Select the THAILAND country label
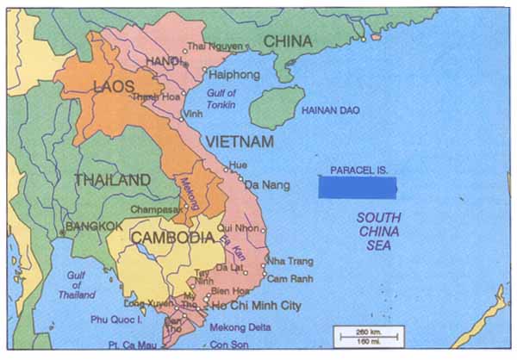(x=113, y=179)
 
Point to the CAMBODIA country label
(x=171, y=237)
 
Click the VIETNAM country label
(x=240, y=141)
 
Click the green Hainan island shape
(x=277, y=108)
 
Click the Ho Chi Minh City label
(x=255, y=306)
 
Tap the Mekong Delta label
(x=240, y=327)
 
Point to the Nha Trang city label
(x=290, y=261)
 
